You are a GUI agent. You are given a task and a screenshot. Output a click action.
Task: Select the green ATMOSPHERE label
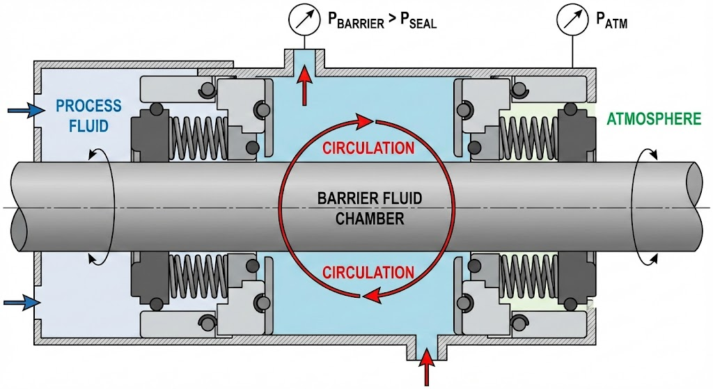(653, 119)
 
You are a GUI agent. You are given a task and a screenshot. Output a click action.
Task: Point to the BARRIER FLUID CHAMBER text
(370, 208)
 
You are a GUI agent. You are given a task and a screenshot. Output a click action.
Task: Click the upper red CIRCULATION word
(368, 148)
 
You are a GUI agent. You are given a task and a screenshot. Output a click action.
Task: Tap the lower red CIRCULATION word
(368, 272)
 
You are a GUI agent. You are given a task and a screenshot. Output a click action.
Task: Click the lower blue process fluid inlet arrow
(20, 302)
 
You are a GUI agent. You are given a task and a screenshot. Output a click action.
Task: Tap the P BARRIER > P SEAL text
(382, 22)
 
